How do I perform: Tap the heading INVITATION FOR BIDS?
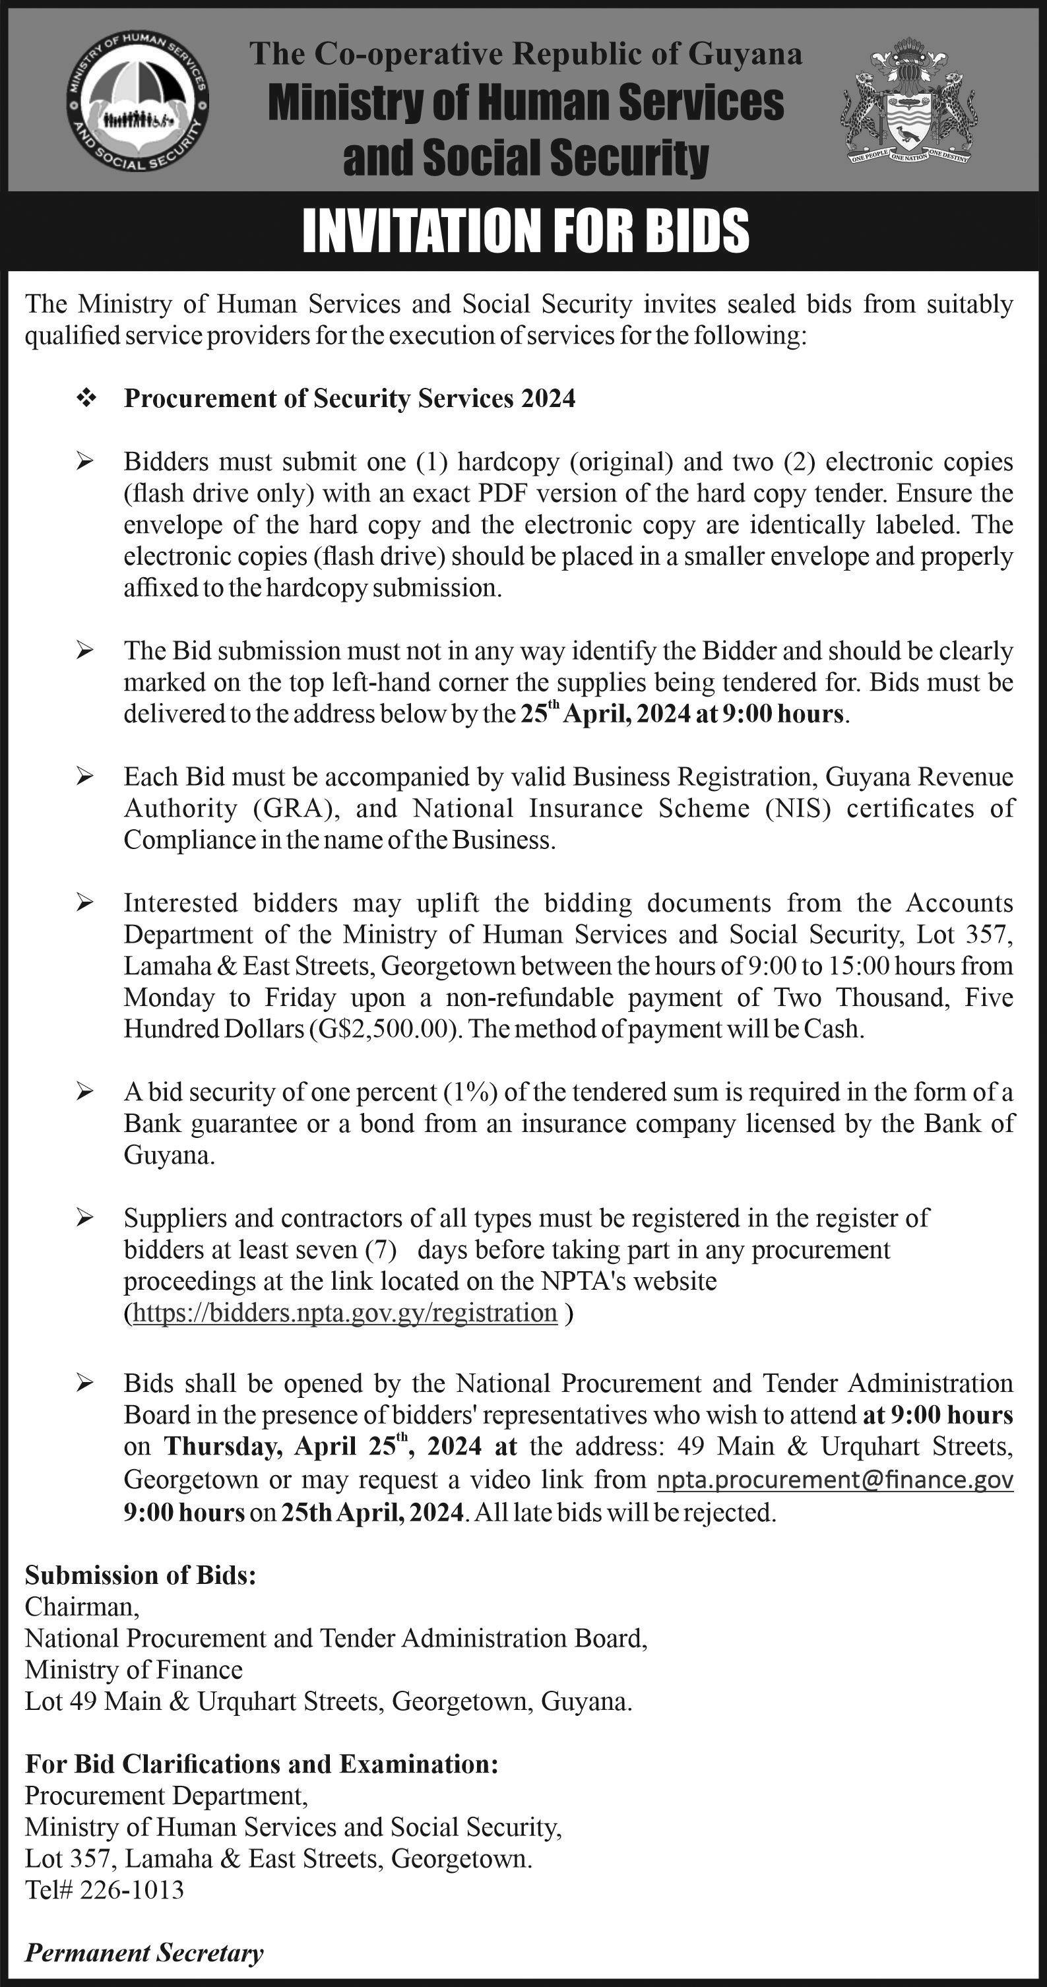524,231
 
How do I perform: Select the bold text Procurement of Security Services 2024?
350,399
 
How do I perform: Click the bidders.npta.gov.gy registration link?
345,1313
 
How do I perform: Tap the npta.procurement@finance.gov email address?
835,1480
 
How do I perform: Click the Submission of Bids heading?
141,1575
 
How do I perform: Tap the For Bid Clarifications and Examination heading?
261,1764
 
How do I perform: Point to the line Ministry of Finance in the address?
133,1670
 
